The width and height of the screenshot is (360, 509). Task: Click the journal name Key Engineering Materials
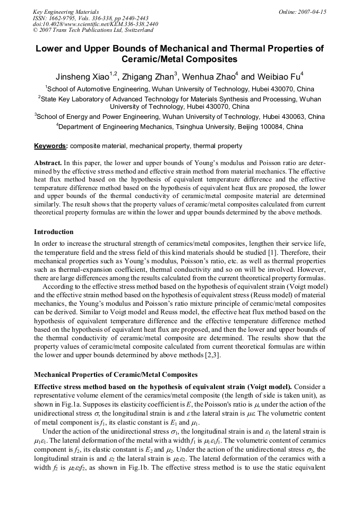point(66,12)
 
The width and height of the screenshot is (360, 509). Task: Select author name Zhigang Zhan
point(151,76)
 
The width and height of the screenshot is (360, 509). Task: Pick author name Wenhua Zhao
point(210,76)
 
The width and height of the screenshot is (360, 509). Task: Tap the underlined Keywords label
point(50,146)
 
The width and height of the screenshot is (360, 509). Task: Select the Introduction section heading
point(54,232)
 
